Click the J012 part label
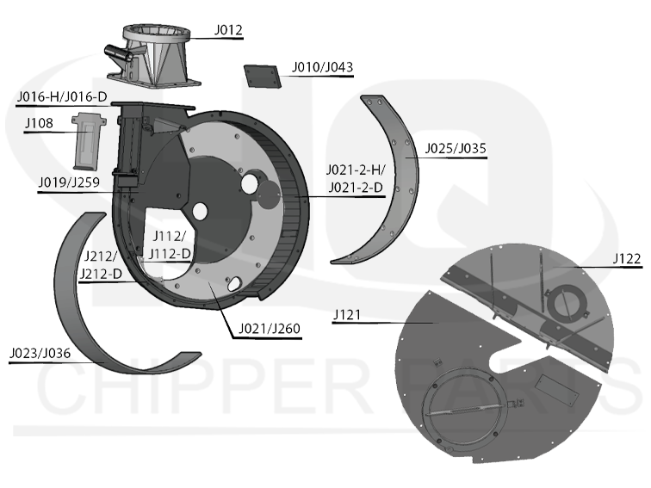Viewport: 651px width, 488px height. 228,30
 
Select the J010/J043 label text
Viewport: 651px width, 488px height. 323,67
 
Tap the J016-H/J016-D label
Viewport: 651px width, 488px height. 62,97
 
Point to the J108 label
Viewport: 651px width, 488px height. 40,123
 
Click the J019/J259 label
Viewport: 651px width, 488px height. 69,182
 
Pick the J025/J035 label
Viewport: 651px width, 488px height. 456,149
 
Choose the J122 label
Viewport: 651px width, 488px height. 628,258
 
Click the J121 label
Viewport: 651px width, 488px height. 347,315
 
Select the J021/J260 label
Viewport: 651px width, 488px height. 270,329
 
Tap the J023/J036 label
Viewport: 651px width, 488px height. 40,354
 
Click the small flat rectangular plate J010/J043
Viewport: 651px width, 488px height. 262,76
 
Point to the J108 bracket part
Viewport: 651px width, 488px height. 89,140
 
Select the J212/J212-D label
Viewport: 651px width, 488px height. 101,265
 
